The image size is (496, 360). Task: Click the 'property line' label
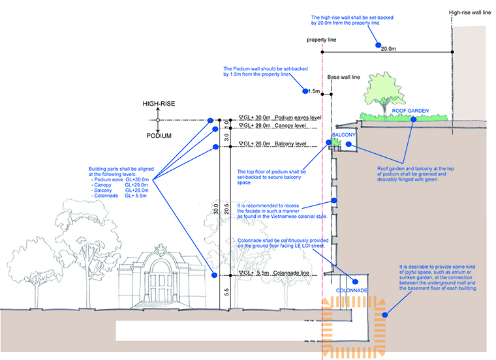tap(321, 40)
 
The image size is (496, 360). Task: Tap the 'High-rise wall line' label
tap(470, 12)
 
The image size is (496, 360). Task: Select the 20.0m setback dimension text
tap(388, 49)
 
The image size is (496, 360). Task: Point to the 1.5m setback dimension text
tap(314, 91)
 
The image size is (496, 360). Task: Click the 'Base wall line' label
tap(343, 77)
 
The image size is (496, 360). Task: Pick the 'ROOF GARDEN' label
tap(411, 111)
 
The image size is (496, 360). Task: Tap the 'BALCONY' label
tap(343, 135)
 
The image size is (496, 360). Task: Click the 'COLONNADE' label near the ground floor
tap(351, 290)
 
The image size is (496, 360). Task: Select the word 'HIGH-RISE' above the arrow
tap(159, 104)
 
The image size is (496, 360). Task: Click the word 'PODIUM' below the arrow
tap(159, 136)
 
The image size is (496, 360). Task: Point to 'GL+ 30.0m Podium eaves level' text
tap(280, 117)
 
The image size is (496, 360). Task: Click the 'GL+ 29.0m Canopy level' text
tap(272, 125)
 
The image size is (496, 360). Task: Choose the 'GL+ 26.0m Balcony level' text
tap(273, 143)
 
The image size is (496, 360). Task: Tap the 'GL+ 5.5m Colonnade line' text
tap(274, 273)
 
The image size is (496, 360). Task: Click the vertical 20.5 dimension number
tap(226, 209)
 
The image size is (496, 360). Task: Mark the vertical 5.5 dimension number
tap(226, 292)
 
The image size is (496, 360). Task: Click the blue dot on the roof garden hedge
tap(413, 119)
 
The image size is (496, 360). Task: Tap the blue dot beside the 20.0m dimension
tap(378, 45)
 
